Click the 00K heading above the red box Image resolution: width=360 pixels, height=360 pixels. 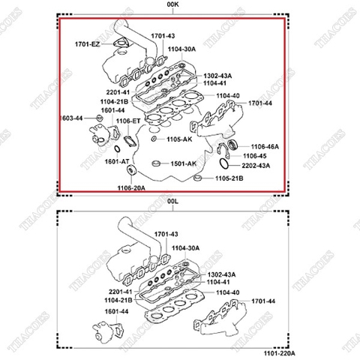pos(172,5)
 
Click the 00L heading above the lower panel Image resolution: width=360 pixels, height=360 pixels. pos(172,201)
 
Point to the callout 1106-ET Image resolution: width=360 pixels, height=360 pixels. pos(128,121)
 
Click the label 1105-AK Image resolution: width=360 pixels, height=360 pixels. pos(180,139)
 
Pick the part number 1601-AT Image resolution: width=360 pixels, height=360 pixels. pos(117,161)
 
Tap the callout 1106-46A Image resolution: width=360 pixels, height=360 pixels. pos(265,146)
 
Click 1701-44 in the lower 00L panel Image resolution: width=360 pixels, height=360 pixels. pos(264,301)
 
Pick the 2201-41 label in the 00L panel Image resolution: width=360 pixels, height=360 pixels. pos(118,291)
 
